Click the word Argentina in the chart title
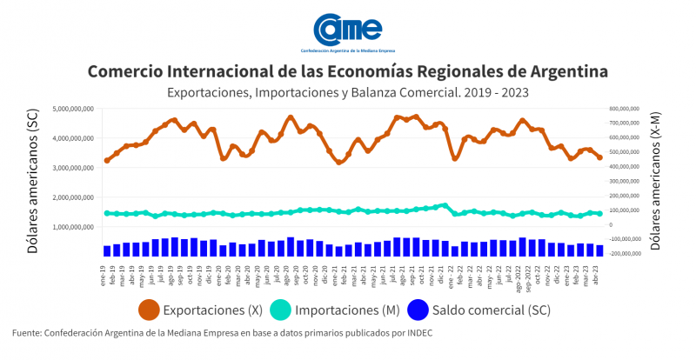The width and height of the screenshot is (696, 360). coord(560,70)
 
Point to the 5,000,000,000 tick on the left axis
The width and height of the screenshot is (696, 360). coord(72,109)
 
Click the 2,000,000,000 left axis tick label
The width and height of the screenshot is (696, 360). coord(72,197)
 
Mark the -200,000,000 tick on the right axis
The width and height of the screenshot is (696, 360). coord(620,254)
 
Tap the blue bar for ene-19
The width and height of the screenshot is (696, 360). coord(107,250)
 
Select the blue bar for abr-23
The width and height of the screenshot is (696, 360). coord(599,250)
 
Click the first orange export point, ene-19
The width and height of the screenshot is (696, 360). coord(107,160)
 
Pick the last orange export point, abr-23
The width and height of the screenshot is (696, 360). coord(599,157)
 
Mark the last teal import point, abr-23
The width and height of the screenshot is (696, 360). coord(599,213)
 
